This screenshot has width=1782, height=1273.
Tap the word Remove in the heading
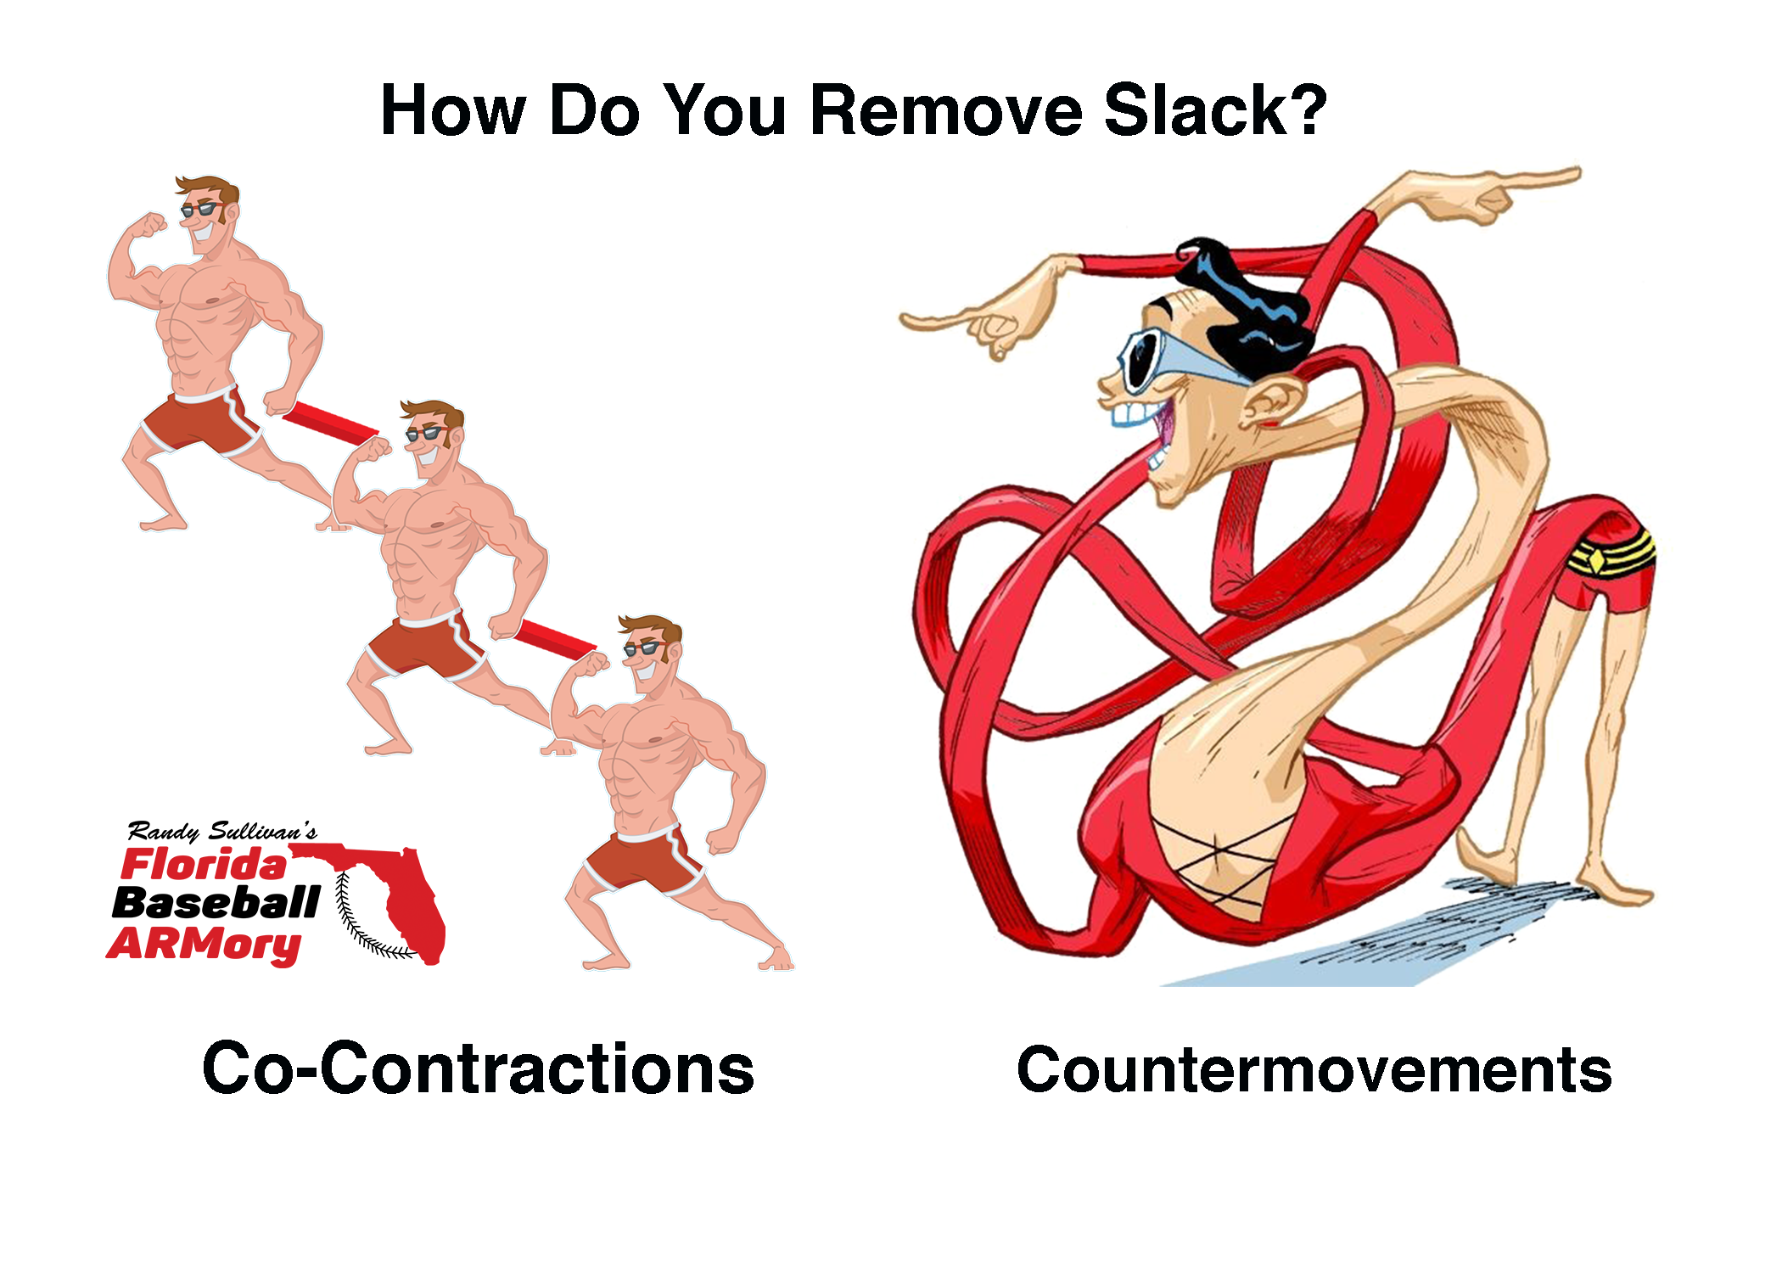click(946, 109)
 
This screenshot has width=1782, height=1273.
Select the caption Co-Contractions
click(479, 1068)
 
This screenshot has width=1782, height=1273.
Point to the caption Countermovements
click(1314, 1069)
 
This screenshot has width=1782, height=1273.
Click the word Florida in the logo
click(205, 865)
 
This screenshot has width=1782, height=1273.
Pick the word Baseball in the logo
click(216, 903)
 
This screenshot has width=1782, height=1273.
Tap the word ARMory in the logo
click(204, 944)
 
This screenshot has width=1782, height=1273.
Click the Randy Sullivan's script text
click(222, 831)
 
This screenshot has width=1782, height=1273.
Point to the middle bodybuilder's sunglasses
click(426, 433)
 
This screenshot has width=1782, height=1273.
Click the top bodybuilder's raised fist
click(153, 225)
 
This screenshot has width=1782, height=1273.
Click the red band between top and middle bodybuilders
click(330, 423)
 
